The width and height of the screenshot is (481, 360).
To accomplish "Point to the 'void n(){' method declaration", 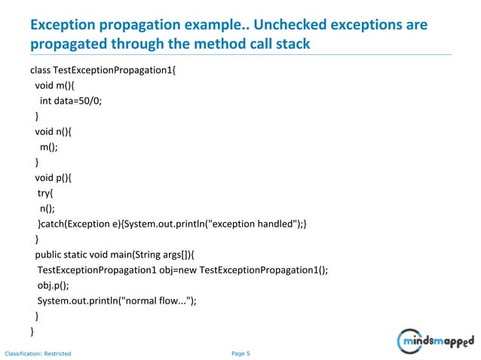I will tap(56, 133).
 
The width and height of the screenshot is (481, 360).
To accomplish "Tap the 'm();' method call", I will tap(50, 148).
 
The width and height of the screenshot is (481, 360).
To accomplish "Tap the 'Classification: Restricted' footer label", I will tap(38, 352).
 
